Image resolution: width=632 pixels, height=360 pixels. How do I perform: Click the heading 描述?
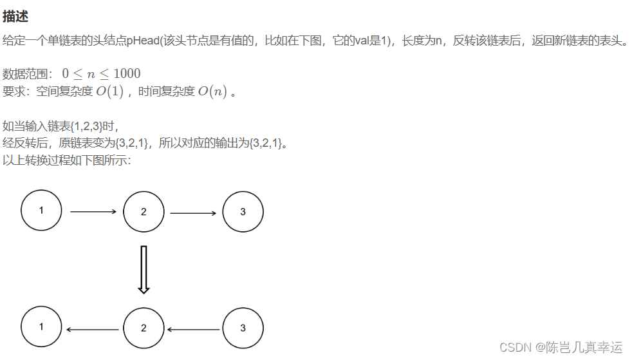coord(15,16)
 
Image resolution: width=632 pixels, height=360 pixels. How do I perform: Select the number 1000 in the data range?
coord(127,73)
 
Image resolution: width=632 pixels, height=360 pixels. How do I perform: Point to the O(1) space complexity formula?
coord(109,91)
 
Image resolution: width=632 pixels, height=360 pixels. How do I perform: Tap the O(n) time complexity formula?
coord(212,91)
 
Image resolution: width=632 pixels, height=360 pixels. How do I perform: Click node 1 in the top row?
coord(41,211)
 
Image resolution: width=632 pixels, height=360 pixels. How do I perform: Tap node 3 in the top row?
coord(243,212)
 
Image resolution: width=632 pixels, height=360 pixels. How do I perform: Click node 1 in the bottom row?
coord(41,327)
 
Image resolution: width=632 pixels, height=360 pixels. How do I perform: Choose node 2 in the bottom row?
coord(144,328)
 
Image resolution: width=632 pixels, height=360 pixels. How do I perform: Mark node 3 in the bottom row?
coord(243,328)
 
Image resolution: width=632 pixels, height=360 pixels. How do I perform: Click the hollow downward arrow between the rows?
coord(144,269)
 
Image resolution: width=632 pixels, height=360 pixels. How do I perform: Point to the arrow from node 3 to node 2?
coord(193,330)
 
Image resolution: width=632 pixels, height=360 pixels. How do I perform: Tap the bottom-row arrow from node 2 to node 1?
coord(93,330)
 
